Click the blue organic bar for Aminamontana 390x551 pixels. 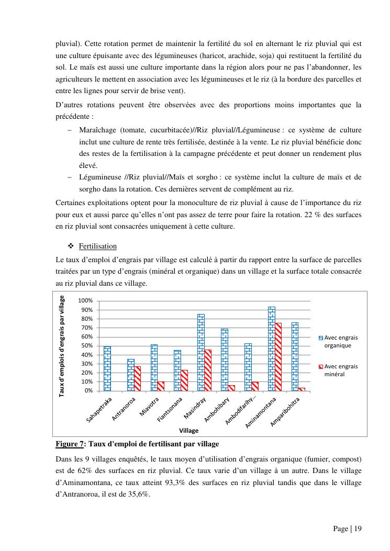pyautogui.click(x=271, y=349)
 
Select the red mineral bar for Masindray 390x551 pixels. pyautogui.click(x=207, y=370)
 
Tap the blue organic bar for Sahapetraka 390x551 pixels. pyautogui.click(x=107, y=368)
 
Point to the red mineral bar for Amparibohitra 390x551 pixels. pyautogui.click(x=302, y=389)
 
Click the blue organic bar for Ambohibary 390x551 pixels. pyautogui.click(x=224, y=359)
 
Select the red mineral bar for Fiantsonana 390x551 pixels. pyautogui.click(x=184, y=380)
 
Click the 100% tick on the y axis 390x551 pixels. pyautogui.click(x=85, y=301)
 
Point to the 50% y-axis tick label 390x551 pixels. pyautogui.click(x=86, y=346)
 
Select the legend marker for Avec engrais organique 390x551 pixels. pyautogui.click(x=321, y=338)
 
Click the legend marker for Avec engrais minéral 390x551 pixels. pyautogui.click(x=321, y=366)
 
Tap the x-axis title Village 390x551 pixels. pyautogui.click(x=189, y=431)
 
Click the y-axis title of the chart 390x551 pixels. pyautogui.click(x=62, y=346)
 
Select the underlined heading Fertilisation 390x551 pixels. pyautogui.click(x=97, y=246)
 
